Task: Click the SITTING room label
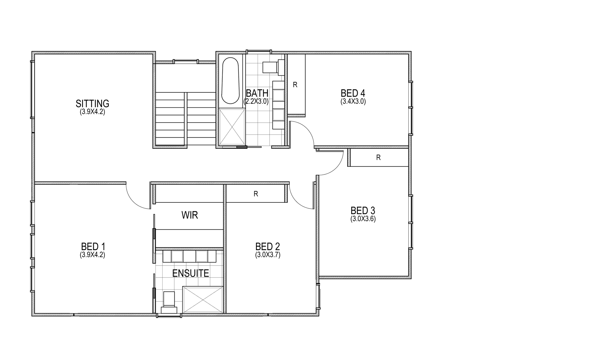(92, 104)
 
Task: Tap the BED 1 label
(93, 246)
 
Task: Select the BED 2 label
(267, 246)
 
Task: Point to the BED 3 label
(363, 210)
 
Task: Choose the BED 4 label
(353, 93)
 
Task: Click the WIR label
(190, 215)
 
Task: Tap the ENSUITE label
(191, 273)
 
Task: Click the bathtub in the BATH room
(230, 80)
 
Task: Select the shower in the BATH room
(232, 127)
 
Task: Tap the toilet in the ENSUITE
(169, 302)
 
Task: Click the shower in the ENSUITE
(203, 300)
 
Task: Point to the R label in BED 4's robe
(295, 85)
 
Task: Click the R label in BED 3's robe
(378, 158)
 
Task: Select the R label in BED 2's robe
(256, 194)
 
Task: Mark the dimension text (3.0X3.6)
(363, 219)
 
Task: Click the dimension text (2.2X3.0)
(256, 102)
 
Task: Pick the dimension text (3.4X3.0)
(353, 102)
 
